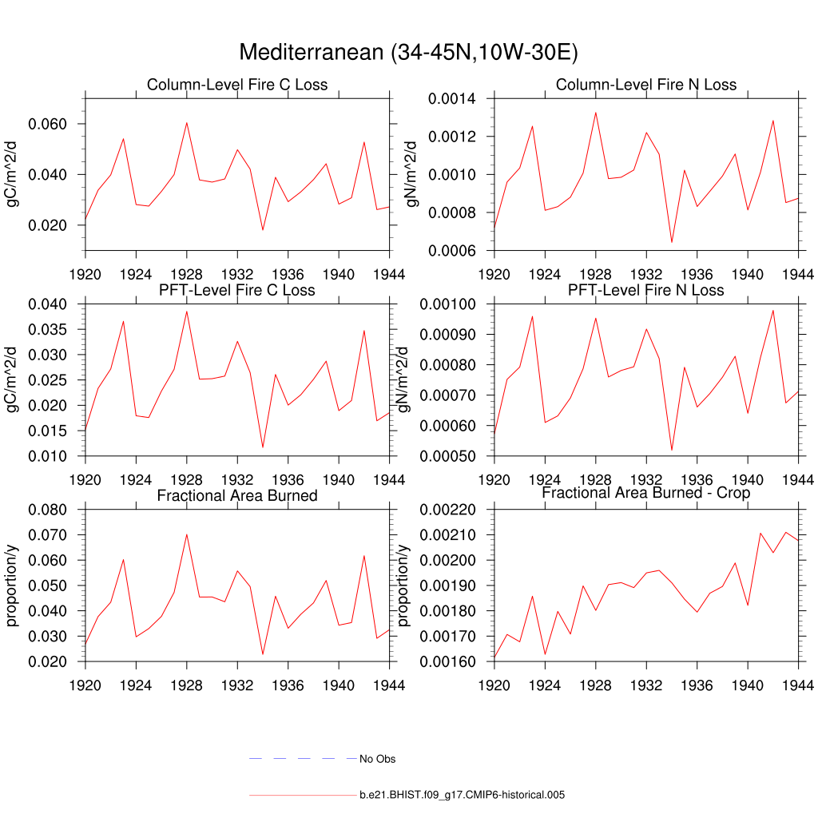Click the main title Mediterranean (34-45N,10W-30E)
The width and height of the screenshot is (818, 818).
click(408, 53)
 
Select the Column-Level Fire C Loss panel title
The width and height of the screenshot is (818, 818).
click(237, 85)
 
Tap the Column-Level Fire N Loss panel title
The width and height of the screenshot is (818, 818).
click(646, 85)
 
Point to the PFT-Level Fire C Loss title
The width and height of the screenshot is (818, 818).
click(237, 289)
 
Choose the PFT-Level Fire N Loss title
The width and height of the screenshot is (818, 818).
click(646, 289)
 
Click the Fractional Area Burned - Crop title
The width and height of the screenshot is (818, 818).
click(646, 493)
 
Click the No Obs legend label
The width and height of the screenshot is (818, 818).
click(377, 759)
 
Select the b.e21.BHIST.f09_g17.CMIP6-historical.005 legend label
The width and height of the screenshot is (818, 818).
click(463, 795)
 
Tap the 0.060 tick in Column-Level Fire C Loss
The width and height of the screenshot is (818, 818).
click(47, 124)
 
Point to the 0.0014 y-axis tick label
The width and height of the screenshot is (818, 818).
click(454, 99)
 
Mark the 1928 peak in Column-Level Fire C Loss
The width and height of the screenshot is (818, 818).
click(186, 122)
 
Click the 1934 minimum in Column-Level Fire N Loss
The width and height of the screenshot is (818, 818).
click(672, 242)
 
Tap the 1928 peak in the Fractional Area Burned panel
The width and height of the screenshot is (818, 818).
click(186, 534)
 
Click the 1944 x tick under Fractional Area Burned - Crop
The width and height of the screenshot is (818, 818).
click(798, 685)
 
